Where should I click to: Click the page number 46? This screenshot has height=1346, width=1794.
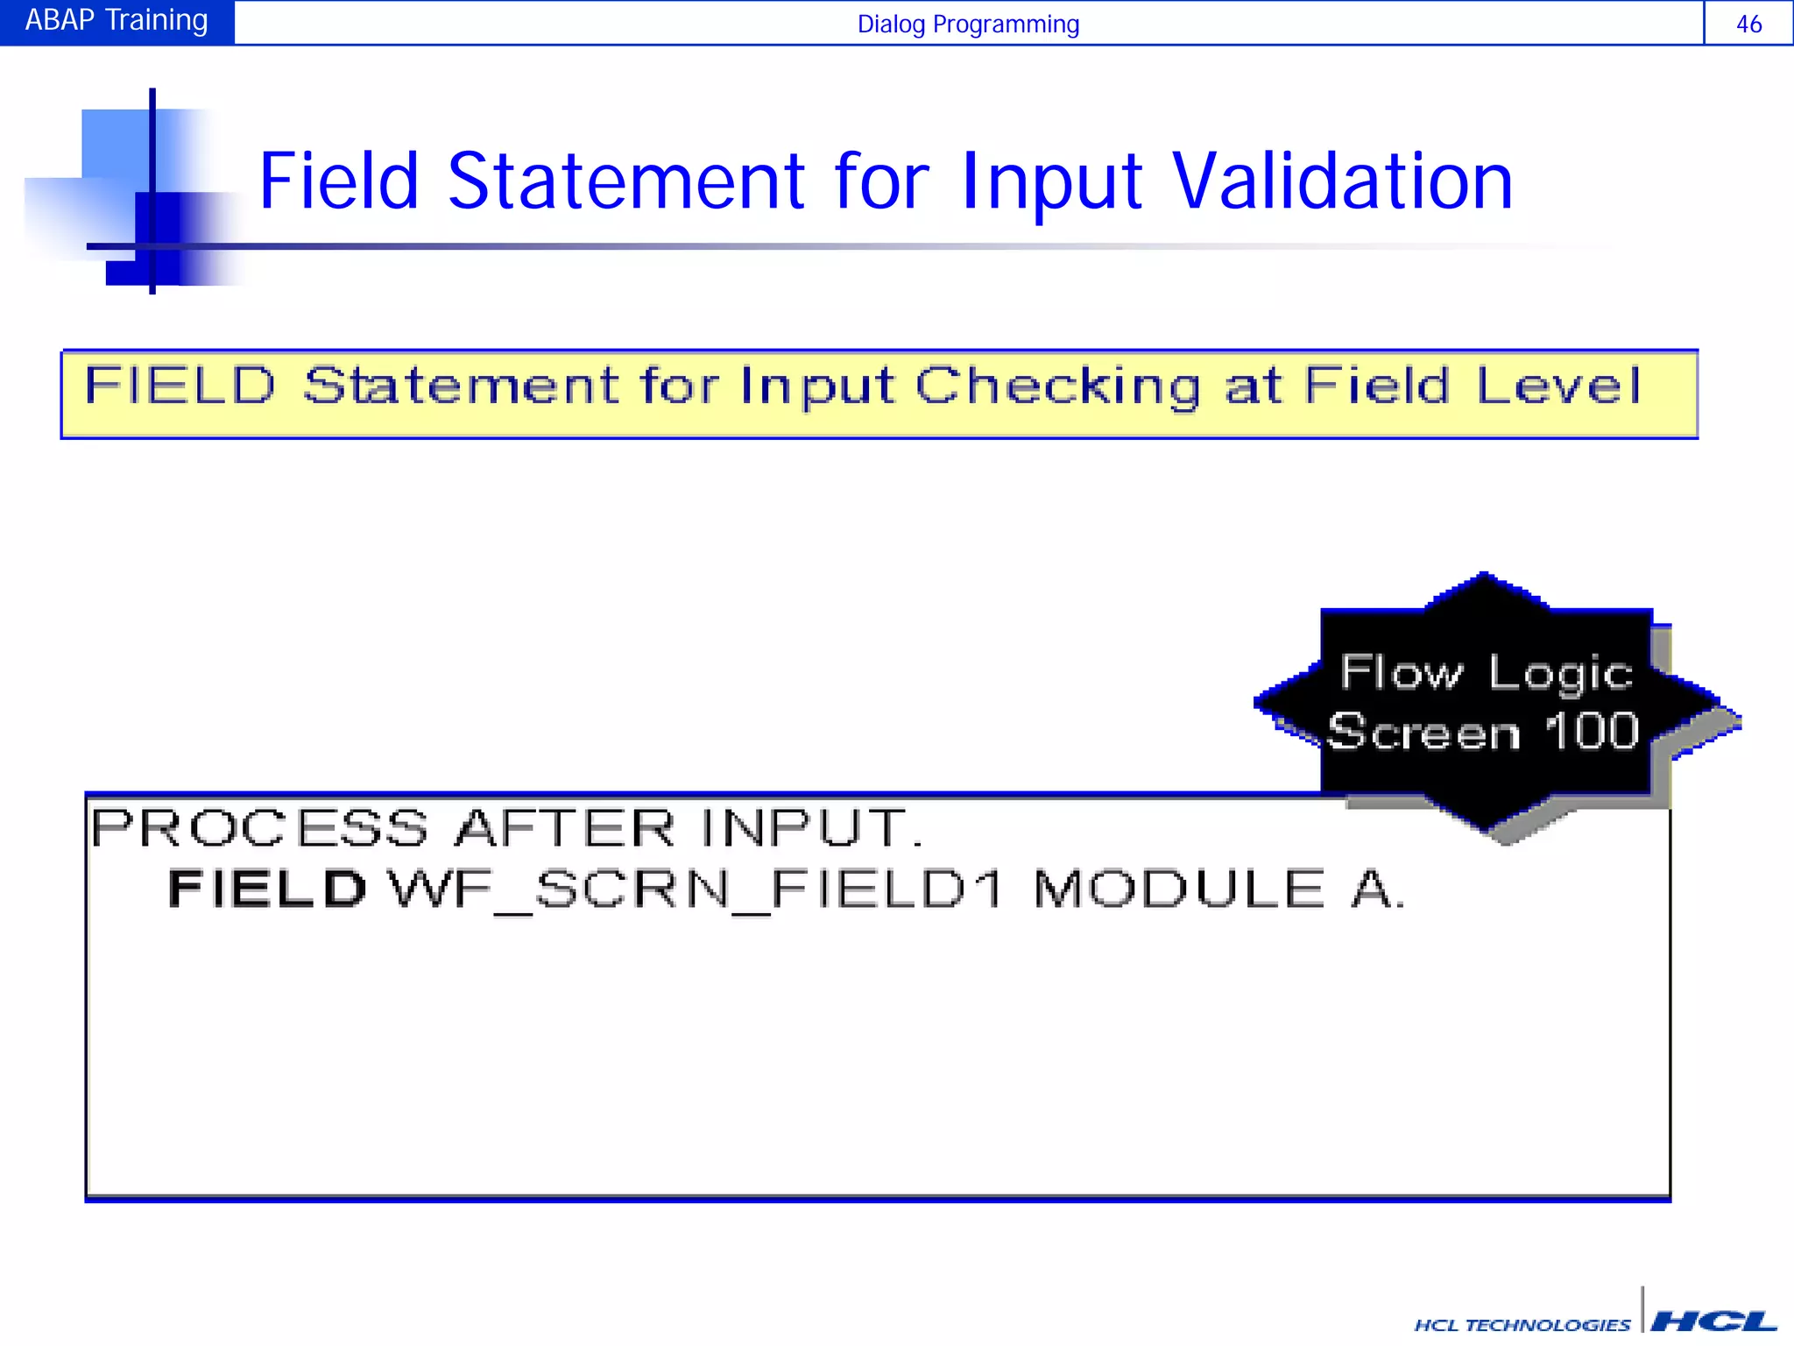click(1748, 24)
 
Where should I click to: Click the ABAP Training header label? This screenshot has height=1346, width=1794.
click(117, 20)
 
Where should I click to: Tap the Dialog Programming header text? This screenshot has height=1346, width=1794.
click(967, 24)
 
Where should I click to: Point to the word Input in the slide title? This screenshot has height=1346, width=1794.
click(1051, 183)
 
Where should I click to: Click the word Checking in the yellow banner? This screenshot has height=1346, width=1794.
click(1057, 386)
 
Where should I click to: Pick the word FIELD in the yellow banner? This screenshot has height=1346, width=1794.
click(180, 386)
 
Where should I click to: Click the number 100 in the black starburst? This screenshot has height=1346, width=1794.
click(1591, 731)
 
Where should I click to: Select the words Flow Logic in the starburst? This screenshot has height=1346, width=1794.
click(1487, 673)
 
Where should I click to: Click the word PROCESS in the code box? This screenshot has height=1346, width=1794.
click(260, 828)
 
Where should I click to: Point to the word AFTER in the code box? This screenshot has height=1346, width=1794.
click(565, 828)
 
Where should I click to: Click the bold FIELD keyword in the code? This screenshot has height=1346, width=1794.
click(267, 889)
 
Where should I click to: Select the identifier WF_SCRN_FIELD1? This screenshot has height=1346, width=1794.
click(696, 890)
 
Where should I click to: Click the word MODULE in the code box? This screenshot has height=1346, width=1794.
click(1179, 889)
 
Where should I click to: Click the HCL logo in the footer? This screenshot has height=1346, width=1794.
click(1713, 1321)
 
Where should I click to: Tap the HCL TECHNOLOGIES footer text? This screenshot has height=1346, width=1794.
click(1522, 1325)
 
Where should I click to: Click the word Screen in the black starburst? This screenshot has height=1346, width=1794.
click(1423, 733)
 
